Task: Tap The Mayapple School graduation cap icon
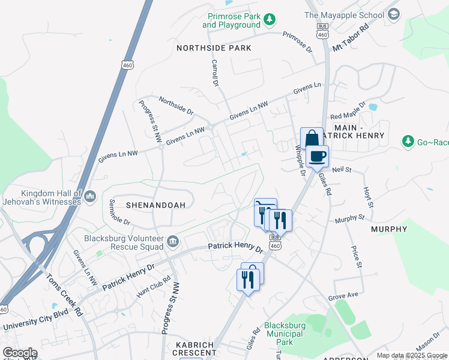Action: (394, 14)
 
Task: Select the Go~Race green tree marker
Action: (409, 142)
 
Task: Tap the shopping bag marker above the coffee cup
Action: (312, 139)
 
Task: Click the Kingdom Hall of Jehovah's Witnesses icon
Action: (90, 196)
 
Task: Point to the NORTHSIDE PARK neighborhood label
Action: (214, 47)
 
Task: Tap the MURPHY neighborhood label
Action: (389, 229)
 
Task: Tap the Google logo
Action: (20, 353)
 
